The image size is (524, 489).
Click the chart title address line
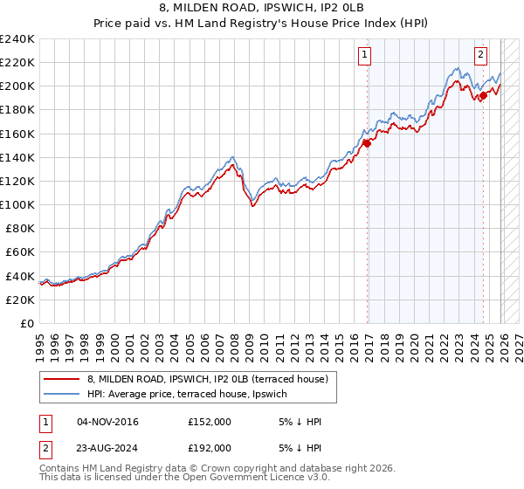click(262, 10)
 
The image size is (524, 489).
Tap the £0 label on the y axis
click(28, 323)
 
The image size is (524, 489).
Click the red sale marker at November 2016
click(367, 143)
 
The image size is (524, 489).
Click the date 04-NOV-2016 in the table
click(108, 422)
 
